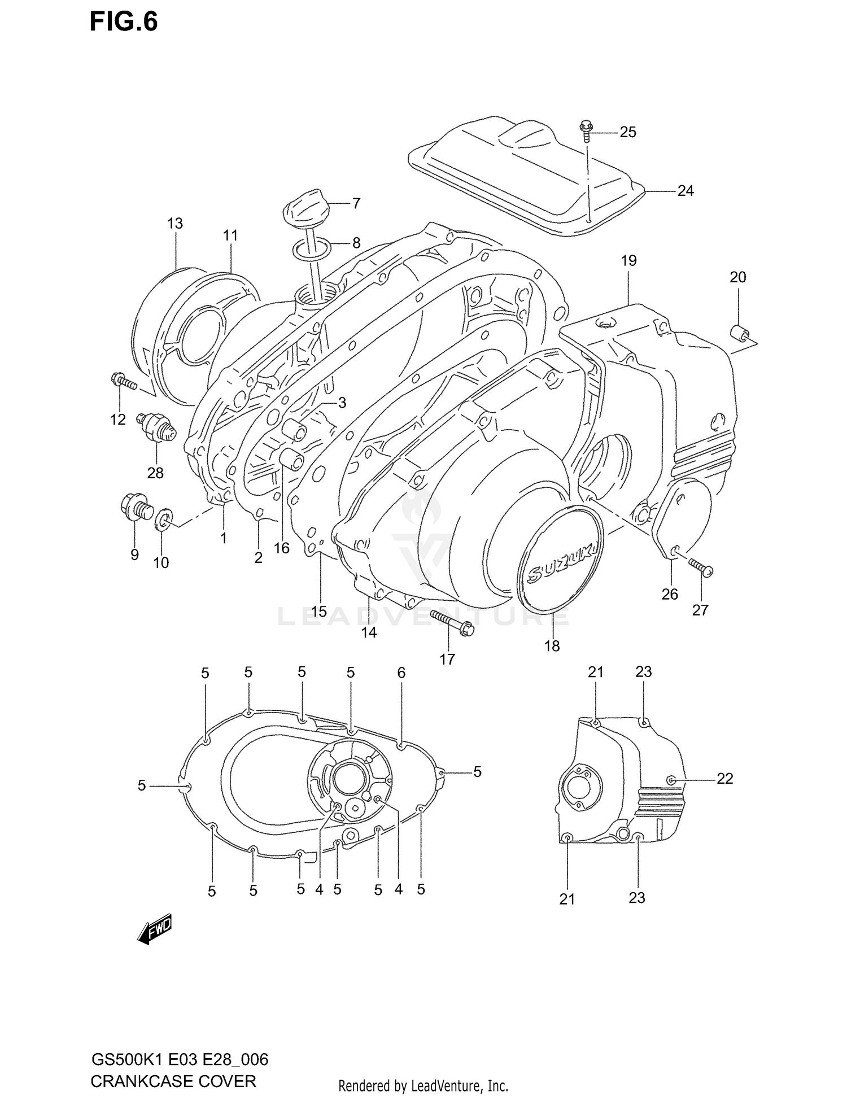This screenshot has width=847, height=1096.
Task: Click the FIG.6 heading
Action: tap(124, 22)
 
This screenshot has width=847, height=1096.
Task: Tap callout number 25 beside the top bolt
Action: tap(627, 132)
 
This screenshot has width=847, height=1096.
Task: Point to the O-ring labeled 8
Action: tap(312, 248)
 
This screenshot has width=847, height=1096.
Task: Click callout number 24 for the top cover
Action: tap(685, 191)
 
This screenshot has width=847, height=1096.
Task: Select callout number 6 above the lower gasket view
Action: tap(401, 673)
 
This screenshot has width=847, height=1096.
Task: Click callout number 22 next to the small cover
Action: tap(724, 779)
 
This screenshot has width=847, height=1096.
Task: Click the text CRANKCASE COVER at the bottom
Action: tap(173, 1081)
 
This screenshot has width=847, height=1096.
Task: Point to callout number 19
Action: tap(628, 261)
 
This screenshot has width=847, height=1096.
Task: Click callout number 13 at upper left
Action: tap(175, 224)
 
